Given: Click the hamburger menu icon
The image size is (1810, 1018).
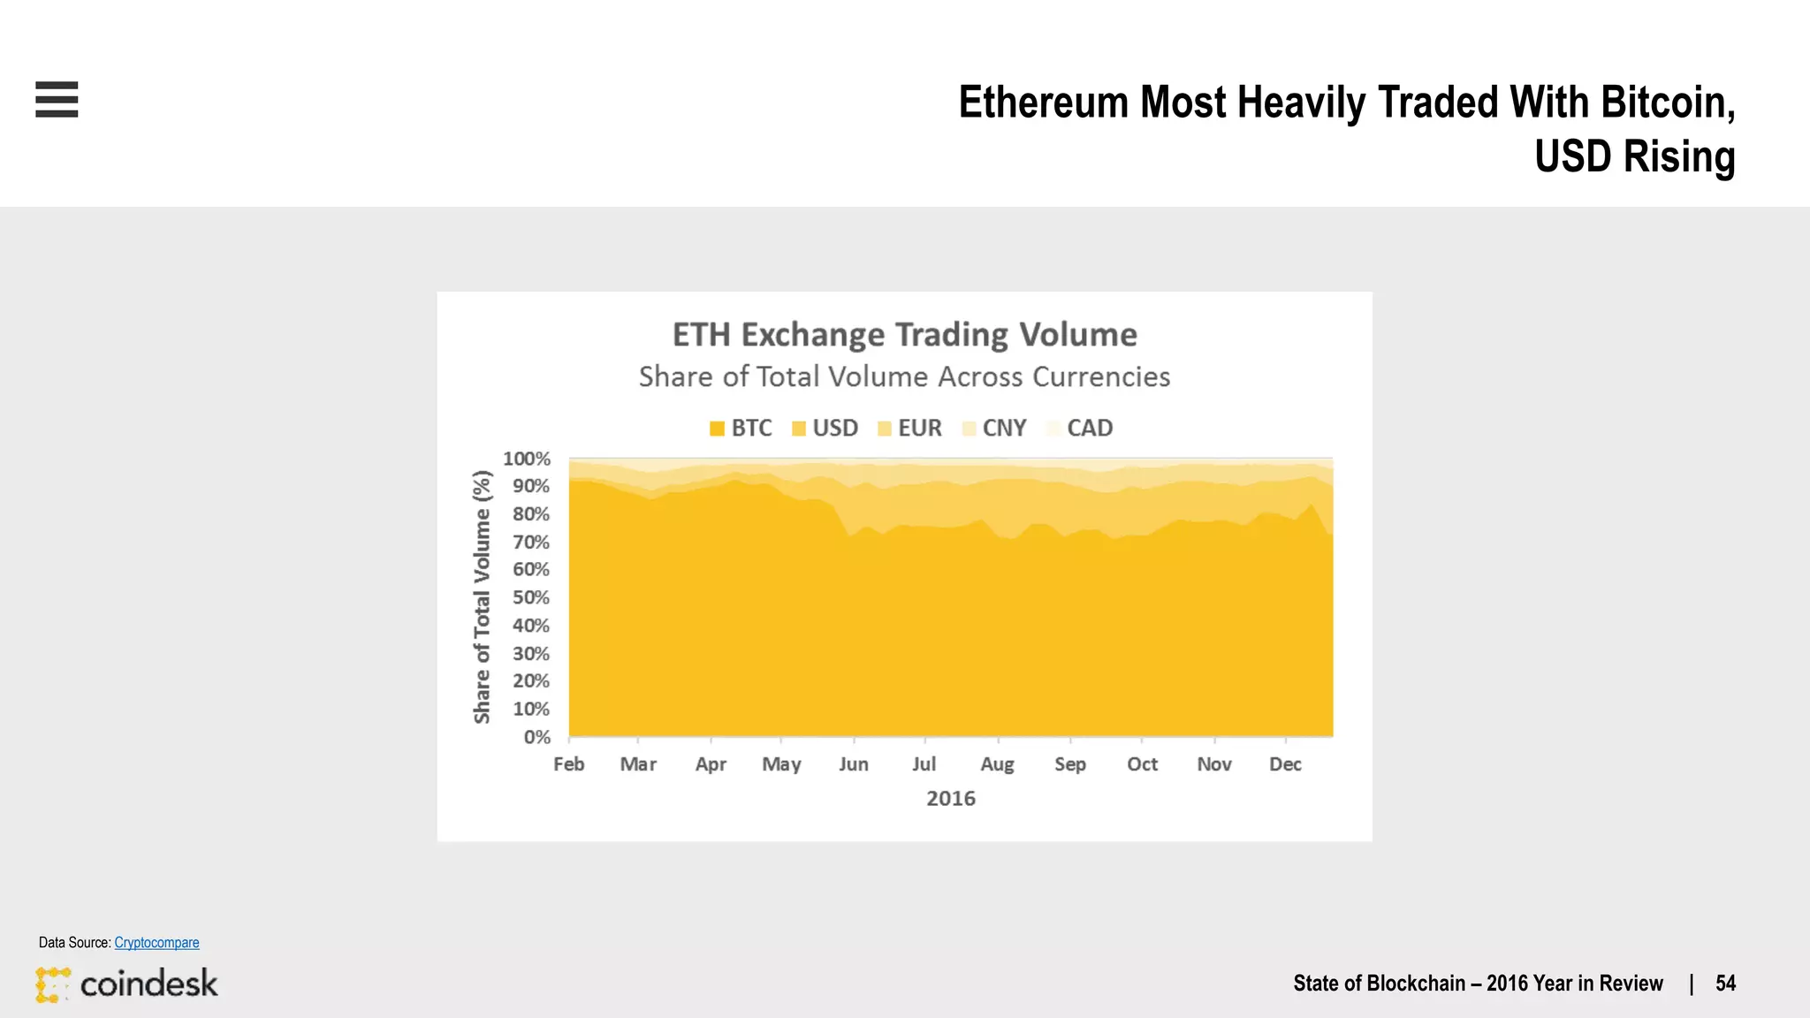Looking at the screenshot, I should point(57,99).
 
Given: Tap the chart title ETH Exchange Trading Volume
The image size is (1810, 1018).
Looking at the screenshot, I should point(904,335).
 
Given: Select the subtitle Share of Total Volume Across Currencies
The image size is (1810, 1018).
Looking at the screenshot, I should point(904,377).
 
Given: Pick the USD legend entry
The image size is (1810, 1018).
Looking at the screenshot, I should point(825,429).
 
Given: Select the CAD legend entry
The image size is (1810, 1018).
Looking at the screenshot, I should point(1080,429).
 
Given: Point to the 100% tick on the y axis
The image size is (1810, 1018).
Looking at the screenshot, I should point(527,459).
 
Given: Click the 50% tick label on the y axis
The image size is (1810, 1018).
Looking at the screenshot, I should point(531,597).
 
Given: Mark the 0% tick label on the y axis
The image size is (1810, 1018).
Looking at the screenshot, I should point(536,737).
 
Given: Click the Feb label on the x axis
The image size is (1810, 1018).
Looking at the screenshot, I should point(568,764).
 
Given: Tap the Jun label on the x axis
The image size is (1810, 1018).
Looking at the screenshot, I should point(854,764).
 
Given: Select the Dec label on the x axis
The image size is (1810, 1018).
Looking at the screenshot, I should point(1285,764).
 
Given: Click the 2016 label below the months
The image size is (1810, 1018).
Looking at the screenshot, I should point(950,799).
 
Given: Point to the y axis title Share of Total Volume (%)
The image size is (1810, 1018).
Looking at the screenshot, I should point(482,596).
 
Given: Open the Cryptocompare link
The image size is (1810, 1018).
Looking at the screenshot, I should point(156,943).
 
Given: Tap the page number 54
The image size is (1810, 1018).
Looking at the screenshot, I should point(1725,984).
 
